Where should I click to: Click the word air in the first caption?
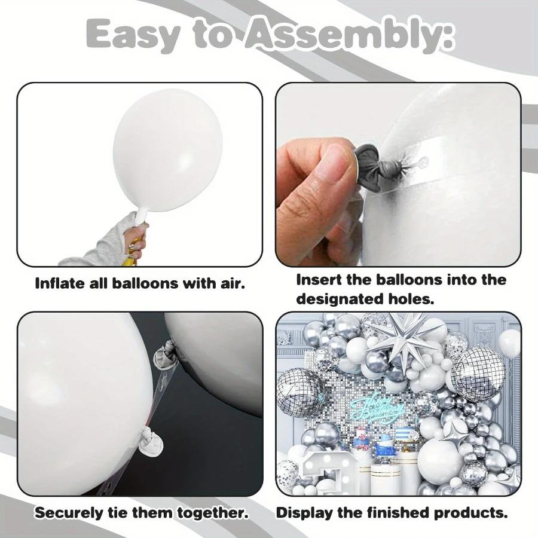[230, 283]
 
